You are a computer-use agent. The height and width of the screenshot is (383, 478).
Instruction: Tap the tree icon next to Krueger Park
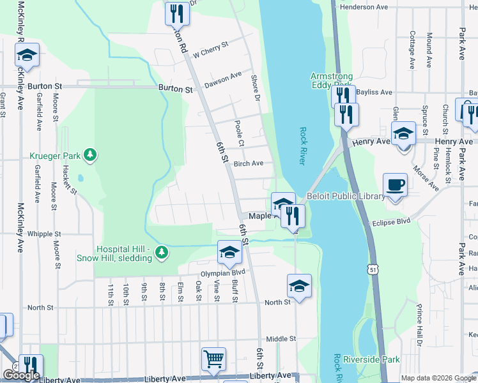(91, 154)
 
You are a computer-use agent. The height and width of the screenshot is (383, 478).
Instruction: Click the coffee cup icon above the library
(396, 185)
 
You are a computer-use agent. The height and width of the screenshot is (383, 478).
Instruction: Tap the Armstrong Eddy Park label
(331, 80)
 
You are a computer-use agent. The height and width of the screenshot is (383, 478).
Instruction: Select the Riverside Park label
(371, 360)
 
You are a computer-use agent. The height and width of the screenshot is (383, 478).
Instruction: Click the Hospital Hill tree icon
(162, 253)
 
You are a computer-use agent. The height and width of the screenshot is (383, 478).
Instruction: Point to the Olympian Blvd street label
(224, 273)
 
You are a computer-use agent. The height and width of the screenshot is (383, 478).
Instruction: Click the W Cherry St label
(210, 50)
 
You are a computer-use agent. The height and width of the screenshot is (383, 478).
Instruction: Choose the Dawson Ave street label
(222, 80)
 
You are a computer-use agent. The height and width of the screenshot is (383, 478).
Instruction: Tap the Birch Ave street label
(249, 163)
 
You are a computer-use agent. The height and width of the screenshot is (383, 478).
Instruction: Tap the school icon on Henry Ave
(404, 135)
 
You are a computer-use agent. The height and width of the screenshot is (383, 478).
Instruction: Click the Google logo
(20, 376)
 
